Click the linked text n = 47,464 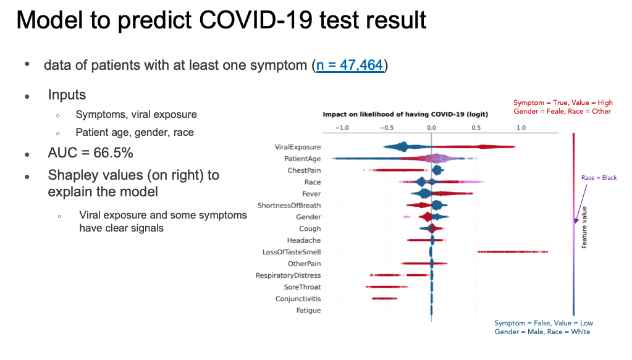pos(350,65)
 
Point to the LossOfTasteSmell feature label pos(292,252)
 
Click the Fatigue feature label pos(308,311)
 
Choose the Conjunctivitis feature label pos(298,299)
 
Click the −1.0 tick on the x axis pos(341,128)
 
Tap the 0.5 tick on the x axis pos(476,128)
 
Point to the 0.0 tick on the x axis pos(431,128)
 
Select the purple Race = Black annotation pos(599,178)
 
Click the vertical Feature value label pos(584,227)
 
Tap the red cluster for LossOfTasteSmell pos(512,252)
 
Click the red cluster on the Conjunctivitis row pos(384,299)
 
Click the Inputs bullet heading pos(67,95)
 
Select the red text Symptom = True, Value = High pos(563,103)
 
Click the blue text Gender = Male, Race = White pos(542,332)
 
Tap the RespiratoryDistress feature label pos(288,275)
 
